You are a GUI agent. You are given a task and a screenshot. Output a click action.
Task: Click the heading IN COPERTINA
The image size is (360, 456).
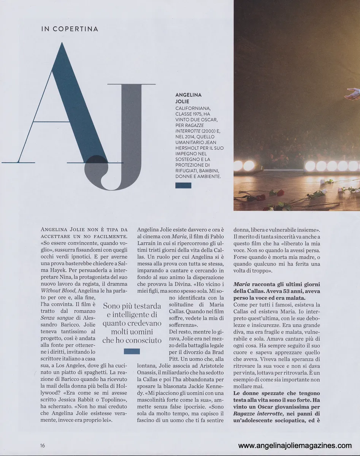[70, 29]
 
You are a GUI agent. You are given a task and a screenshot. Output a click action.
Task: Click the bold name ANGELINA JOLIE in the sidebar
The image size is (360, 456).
[189, 98]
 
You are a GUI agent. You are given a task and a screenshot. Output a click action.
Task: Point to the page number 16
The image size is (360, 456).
[42, 445]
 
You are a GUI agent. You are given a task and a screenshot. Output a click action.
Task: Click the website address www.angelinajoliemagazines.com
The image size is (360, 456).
[295, 446]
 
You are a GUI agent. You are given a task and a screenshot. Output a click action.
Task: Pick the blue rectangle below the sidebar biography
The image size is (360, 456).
[183, 185]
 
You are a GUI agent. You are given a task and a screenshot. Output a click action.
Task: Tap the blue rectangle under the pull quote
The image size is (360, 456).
[132, 351]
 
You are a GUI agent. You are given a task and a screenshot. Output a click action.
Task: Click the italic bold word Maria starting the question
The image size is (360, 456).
[241, 284]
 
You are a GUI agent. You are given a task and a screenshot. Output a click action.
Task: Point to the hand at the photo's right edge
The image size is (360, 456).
[354, 93]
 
